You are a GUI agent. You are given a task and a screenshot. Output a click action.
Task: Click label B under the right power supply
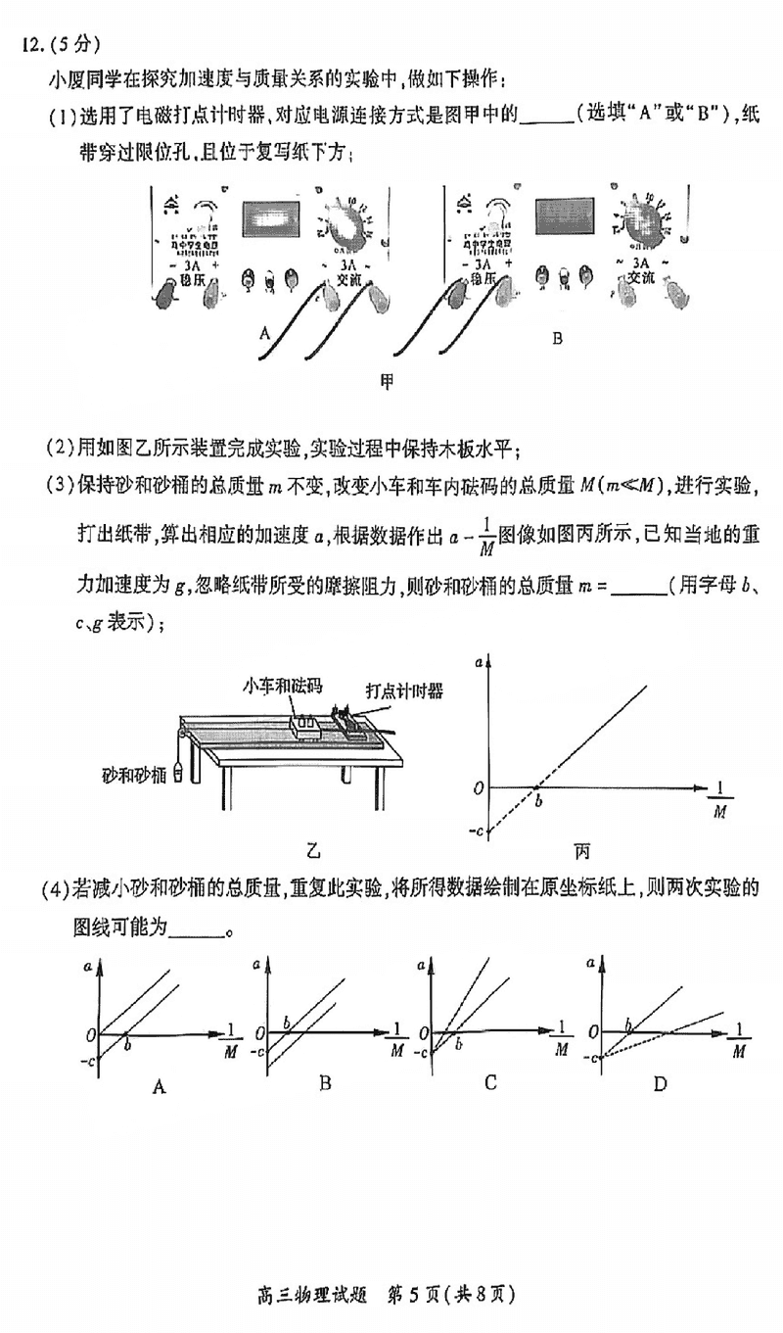pos(557,339)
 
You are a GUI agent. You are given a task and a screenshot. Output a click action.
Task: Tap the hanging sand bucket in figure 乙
pos(178,771)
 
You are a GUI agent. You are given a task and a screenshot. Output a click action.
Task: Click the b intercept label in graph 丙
pos(537,802)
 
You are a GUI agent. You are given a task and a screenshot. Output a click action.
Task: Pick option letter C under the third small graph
pos(490,1082)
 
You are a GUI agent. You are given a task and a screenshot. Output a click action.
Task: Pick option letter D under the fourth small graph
pos(660,1083)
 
